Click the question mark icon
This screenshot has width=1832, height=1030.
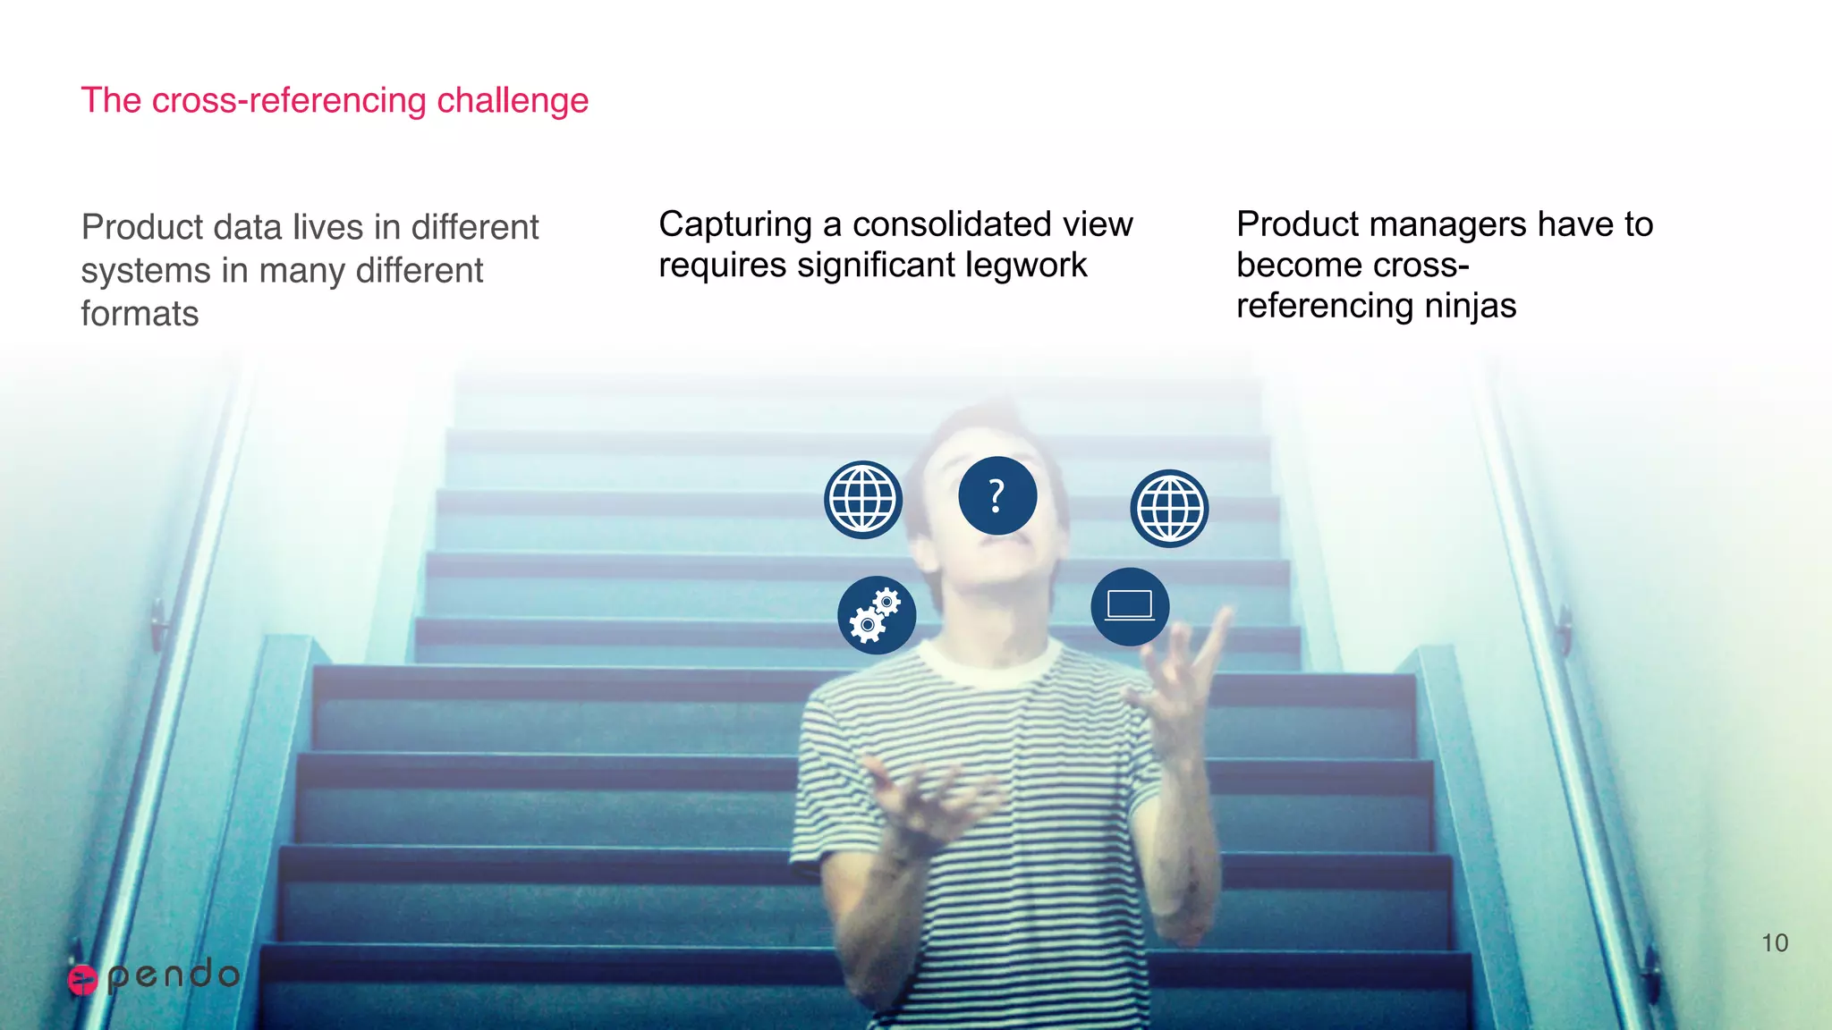tap(997, 495)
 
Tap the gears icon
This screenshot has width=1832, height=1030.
tap(877, 615)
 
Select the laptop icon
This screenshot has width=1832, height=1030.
tap(1130, 606)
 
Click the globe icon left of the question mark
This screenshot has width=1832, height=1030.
tap(863, 500)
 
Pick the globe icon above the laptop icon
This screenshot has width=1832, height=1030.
tap(1169, 508)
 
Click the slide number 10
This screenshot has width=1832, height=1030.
tap(1775, 943)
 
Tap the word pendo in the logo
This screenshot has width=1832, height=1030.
tap(174, 975)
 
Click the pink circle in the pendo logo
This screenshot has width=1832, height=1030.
tap(82, 980)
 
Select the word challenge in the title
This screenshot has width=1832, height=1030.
tap(513, 101)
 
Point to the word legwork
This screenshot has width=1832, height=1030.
tap(1029, 266)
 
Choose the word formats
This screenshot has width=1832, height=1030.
tap(140, 314)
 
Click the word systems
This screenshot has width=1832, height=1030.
tap(146, 271)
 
